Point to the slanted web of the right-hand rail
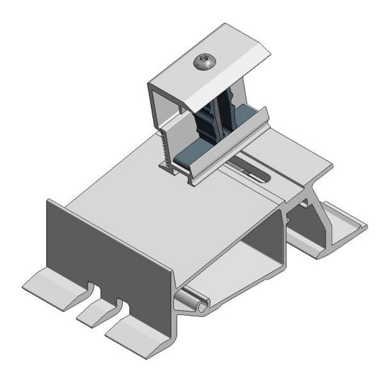(316, 222)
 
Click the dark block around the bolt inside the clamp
(207, 127)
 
